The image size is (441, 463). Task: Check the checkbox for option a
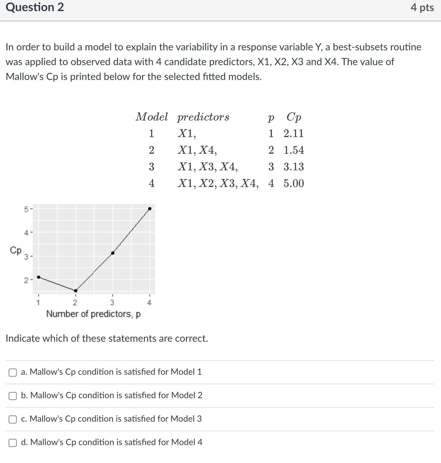pyautogui.click(x=13, y=373)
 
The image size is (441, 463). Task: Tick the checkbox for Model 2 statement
pyautogui.click(x=13, y=396)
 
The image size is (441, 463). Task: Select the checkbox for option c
pyautogui.click(x=13, y=419)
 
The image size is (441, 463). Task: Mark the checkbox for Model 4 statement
pyautogui.click(x=13, y=443)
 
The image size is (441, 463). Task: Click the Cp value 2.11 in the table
pyautogui.click(x=294, y=134)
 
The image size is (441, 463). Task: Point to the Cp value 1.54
pyautogui.click(x=294, y=150)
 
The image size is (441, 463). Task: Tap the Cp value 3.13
pyautogui.click(x=294, y=167)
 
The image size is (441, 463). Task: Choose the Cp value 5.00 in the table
pyautogui.click(x=294, y=184)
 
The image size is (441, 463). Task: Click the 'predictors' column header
pyautogui.click(x=203, y=117)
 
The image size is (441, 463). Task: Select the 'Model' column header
pyautogui.click(x=152, y=117)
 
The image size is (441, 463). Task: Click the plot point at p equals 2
pyautogui.click(x=76, y=290)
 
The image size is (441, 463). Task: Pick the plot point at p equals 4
pyautogui.click(x=150, y=209)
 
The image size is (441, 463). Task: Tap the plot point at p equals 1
pyautogui.click(x=39, y=277)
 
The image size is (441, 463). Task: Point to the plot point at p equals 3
pyautogui.click(x=113, y=253)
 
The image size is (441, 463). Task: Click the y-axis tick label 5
pyautogui.click(x=26, y=209)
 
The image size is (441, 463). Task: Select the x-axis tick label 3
pyautogui.click(x=112, y=302)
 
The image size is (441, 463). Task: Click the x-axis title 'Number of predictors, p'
pyautogui.click(x=93, y=314)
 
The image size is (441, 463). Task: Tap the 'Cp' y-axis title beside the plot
pyautogui.click(x=15, y=250)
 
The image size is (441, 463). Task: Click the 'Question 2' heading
pyautogui.click(x=35, y=7)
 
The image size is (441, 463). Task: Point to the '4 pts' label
pyautogui.click(x=422, y=7)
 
